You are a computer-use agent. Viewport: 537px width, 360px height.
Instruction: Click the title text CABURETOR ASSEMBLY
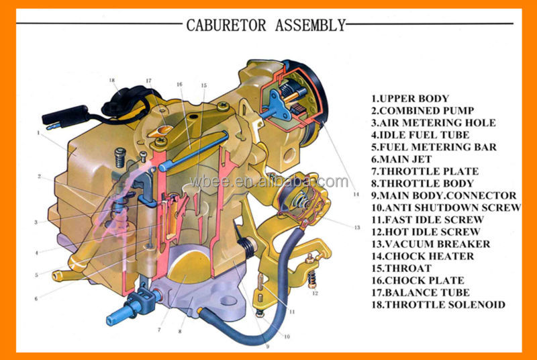pos(266,26)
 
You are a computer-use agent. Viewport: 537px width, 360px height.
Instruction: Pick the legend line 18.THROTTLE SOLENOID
pos(438,304)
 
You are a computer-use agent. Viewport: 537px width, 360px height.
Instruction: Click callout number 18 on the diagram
pos(112,80)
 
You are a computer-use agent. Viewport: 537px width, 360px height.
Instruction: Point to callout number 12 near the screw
pos(314,294)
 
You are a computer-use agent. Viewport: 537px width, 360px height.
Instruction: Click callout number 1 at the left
pos(39,133)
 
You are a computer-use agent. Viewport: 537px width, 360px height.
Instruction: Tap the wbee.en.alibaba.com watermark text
pos(289,182)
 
